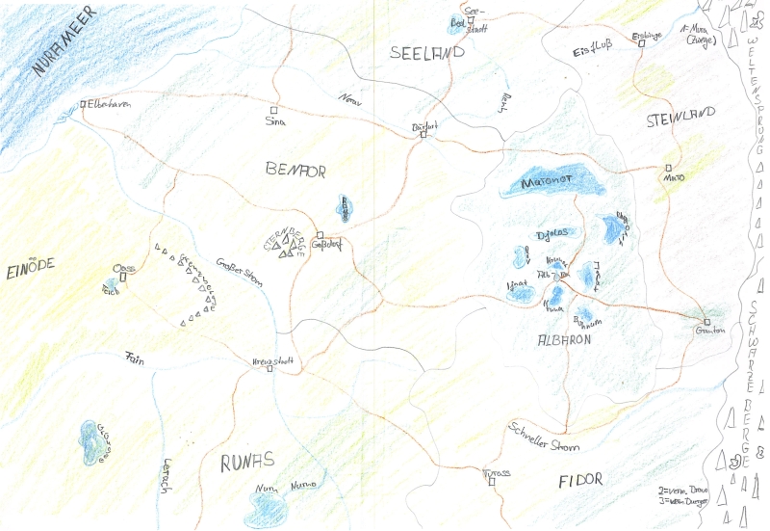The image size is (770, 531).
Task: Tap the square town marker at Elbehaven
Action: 85,104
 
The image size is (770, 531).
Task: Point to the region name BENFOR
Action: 295,171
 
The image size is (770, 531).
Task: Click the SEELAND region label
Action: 427,53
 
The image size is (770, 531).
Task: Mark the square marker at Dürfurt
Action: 423,134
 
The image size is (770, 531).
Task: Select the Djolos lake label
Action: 547,233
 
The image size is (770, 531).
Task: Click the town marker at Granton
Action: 706,322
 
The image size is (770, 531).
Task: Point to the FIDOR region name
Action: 579,479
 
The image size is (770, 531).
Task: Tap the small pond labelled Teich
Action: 112,286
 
